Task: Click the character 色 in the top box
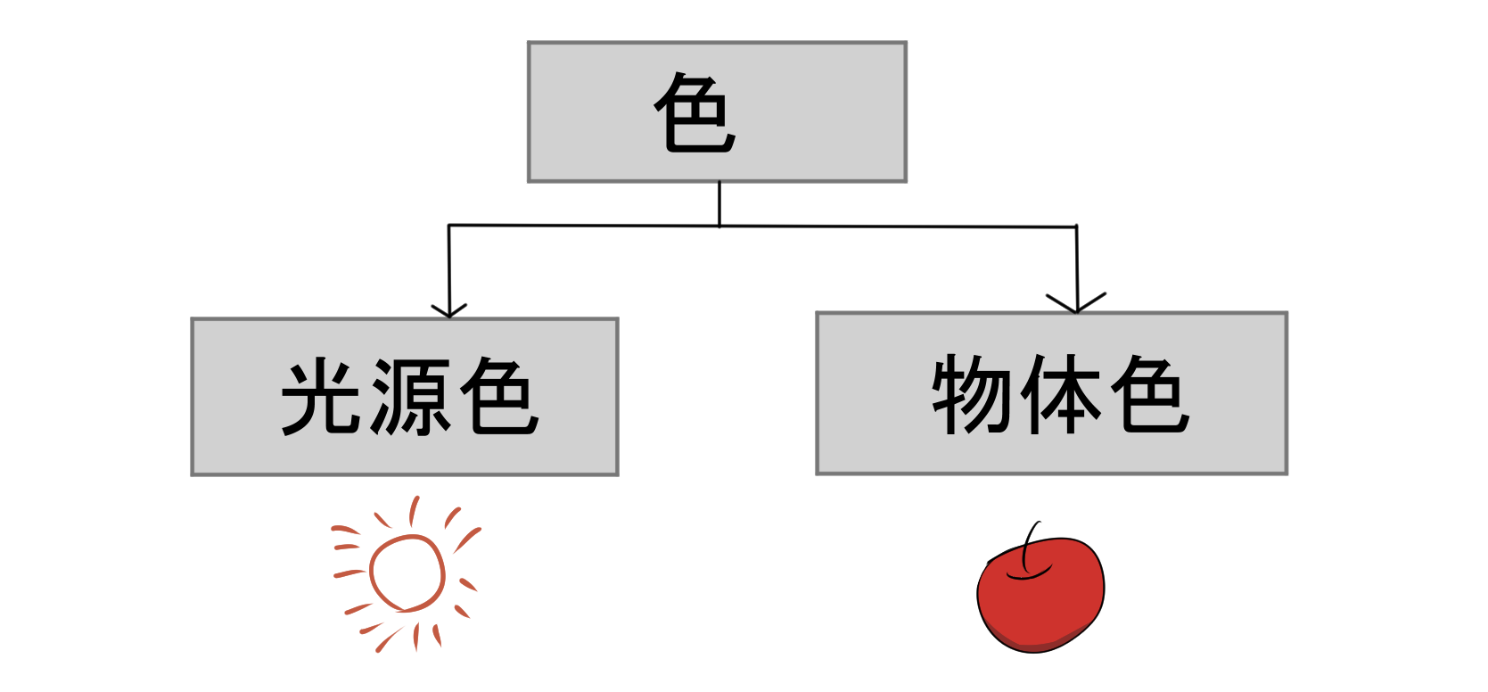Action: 695,112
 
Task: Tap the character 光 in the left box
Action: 322,397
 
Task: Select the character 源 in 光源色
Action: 411,397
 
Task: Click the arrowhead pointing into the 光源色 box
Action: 449,310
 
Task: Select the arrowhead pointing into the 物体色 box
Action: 1077,303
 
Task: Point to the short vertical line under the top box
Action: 719,203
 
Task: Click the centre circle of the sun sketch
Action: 407,573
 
